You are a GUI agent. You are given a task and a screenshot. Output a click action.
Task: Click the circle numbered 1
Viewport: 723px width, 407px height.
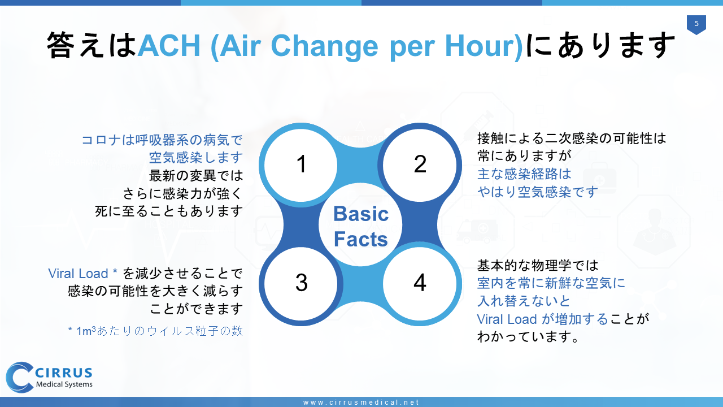click(301, 164)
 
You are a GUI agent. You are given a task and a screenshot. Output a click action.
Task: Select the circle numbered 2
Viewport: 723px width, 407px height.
click(420, 164)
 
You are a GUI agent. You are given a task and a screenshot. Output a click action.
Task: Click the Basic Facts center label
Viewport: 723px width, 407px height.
click(360, 226)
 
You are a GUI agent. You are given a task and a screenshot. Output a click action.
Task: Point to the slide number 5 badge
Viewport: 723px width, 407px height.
click(696, 24)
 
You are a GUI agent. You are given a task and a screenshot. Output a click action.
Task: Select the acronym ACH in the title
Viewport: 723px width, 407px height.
click(169, 45)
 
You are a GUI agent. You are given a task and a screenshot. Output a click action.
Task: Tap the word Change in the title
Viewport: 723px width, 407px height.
click(324, 46)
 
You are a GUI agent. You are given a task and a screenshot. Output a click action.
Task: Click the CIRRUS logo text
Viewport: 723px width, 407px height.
click(64, 373)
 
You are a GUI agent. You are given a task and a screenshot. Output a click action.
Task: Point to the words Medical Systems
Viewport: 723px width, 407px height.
click(64, 384)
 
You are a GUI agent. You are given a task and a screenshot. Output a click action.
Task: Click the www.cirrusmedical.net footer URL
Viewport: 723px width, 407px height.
click(361, 402)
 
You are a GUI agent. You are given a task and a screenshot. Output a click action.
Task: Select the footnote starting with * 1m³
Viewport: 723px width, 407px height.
click(155, 331)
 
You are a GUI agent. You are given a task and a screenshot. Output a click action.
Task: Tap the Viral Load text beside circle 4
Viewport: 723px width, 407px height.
click(507, 319)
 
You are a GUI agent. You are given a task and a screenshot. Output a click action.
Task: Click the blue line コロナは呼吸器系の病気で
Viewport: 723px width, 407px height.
click(162, 140)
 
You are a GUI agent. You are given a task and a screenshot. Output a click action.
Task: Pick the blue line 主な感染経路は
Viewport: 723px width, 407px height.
click(524, 174)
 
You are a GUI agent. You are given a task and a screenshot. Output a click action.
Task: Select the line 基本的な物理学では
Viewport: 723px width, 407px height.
click(538, 266)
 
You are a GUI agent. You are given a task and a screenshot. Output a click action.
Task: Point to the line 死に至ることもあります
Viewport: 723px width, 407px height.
click(169, 211)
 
